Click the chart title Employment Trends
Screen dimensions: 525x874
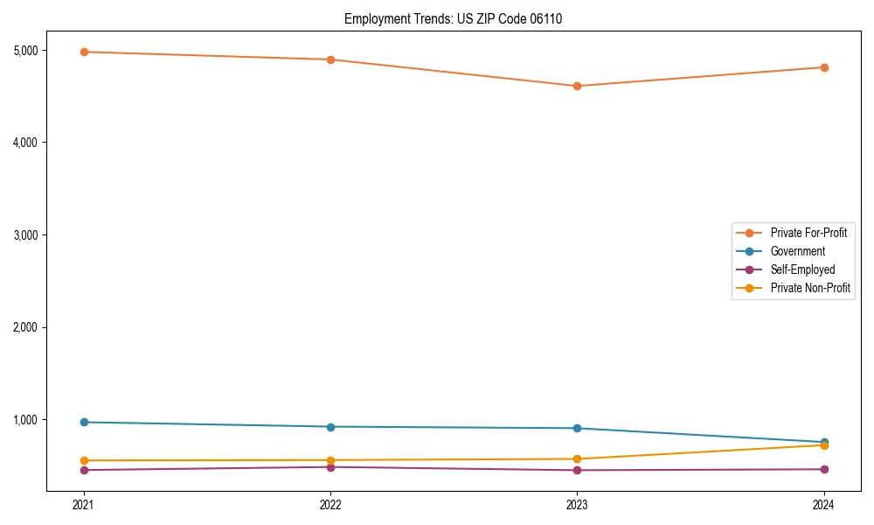click(453, 18)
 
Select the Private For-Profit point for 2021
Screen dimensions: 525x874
click(84, 52)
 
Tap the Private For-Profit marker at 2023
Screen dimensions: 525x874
click(577, 86)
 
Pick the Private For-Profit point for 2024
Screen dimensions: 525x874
click(824, 67)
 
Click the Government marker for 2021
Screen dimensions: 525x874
click(84, 422)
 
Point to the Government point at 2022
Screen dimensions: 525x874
click(330, 427)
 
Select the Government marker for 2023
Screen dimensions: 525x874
click(577, 428)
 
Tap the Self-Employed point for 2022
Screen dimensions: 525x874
click(330, 467)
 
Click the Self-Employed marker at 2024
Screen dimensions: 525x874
click(824, 469)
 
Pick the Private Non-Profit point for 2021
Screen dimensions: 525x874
click(84, 460)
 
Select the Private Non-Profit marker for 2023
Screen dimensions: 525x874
click(577, 458)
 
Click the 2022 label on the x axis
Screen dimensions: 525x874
click(330, 504)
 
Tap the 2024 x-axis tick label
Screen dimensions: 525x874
click(824, 504)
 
